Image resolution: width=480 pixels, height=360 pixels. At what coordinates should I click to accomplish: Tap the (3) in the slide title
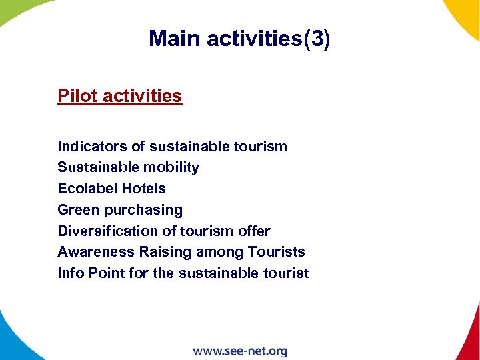pos(317,39)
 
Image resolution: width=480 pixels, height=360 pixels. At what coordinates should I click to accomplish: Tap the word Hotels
pos(143,189)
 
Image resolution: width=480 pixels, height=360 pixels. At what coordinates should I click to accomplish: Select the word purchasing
pos(143,210)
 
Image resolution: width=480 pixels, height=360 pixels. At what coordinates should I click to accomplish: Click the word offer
pos(254,231)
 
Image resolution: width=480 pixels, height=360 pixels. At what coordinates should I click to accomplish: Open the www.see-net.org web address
pos(240,351)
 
